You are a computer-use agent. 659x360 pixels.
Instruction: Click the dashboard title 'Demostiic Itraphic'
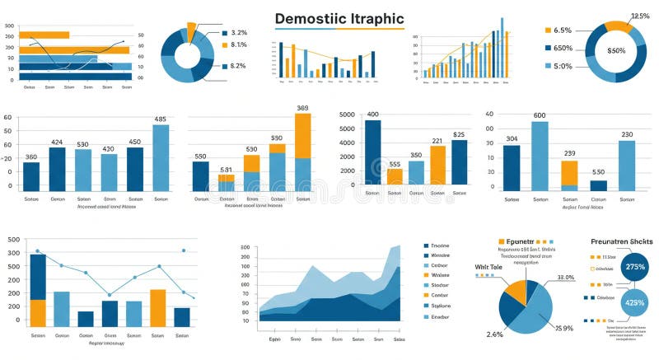[x=339, y=18]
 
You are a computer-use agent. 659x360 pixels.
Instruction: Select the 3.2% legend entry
[x=238, y=33]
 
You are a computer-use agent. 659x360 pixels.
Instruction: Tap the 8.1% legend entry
[x=238, y=45]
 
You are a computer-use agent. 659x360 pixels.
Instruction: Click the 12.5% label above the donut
[x=638, y=16]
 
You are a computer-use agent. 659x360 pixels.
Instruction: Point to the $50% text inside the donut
[x=616, y=50]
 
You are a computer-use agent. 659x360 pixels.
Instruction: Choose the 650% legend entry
[x=563, y=48]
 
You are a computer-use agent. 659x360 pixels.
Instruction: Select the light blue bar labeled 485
[x=161, y=157]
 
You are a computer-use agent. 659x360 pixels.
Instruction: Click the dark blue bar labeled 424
[x=58, y=168]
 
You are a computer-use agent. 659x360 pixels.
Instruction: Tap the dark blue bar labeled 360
[x=31, y=175]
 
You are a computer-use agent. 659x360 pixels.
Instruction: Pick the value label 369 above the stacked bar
[x=302, y=108]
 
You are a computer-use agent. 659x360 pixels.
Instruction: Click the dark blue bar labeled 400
[x=372, y=152]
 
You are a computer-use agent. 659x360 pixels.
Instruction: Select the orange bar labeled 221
[x=437, y=165]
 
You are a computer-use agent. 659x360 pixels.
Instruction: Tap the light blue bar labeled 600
[x=540, y=156]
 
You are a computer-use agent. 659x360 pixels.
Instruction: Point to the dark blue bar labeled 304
[x=512, y=167]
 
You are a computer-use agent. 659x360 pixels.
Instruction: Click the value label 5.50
[x=598, y=172]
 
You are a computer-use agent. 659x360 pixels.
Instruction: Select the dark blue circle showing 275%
[x=635, y=267]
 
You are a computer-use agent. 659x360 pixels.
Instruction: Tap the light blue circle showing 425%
[x=635, y=302]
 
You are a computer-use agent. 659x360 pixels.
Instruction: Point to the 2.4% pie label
[x=494, y=334]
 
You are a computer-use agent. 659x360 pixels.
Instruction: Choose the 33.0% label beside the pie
[x=565, y=278]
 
